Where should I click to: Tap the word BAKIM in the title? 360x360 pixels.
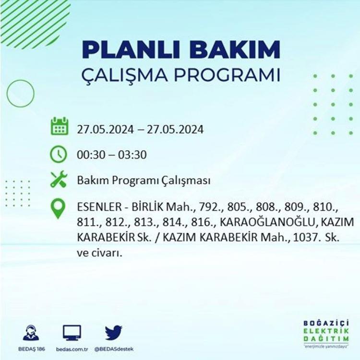pos(235,49)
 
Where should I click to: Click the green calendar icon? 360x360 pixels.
pos(59,126)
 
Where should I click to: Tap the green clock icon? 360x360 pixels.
pos(59,154)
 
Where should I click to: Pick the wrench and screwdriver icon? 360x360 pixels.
pos(59,180)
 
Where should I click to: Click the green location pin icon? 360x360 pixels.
pos(58,208)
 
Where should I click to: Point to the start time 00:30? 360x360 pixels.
pos(90,155)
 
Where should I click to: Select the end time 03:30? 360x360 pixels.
pos(132,155)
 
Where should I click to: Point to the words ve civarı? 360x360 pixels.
pos(99,253)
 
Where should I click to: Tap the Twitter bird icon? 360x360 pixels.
pos(114,333)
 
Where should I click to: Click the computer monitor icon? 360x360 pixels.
pos(72,333)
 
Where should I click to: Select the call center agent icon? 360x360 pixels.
pos(31,333)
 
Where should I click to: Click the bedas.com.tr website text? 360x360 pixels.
pos(72,349)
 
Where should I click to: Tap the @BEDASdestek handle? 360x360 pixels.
pos(114,349)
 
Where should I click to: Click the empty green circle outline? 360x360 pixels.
pos(7,94)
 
